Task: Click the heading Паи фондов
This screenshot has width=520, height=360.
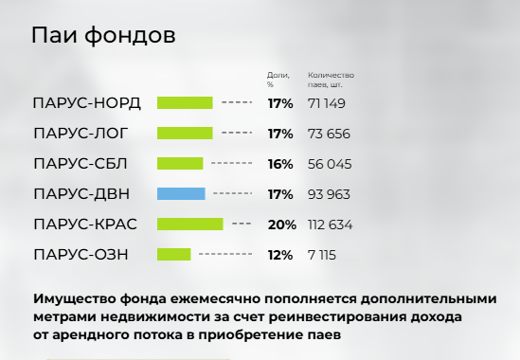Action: click(x=103, y=35)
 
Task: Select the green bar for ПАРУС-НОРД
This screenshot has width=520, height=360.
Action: click(x=185, y=103)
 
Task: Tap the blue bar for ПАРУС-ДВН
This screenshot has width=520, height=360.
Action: click(x=181, y=194)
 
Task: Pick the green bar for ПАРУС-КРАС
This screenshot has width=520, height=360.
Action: click(x=190, y=225)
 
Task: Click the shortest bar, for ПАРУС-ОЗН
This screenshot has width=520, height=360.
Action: click(x=173, y=255)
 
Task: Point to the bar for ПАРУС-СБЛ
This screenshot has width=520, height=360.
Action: click(x=180, y=164)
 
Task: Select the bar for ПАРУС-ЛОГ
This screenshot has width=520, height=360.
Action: click(x=185, y=133)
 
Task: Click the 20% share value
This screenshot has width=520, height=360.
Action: click(x=282, y=225)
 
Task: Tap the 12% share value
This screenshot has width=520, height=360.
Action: click(x=280, y=255)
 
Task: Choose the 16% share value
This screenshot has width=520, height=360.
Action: click(x=280, y=164)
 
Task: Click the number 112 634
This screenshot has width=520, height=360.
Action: click(x=330, y=225)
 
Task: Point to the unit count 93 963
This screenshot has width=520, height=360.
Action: click(x=329, y=194)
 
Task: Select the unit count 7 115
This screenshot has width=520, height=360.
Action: click(x=322, y=255)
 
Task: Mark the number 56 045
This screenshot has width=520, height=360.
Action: click(x=330, y=164)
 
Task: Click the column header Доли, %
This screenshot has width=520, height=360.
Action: click(x=278, y=80)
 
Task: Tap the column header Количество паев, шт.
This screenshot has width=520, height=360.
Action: click(x=331, y=80)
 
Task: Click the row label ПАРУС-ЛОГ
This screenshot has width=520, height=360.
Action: click(x=81, y=134)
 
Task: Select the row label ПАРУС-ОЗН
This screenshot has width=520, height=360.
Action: click(x=81, y=255)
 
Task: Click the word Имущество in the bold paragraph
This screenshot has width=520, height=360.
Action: click(x=74, y=299)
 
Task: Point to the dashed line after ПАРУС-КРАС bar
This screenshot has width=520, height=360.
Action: click(x=242, y=224)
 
